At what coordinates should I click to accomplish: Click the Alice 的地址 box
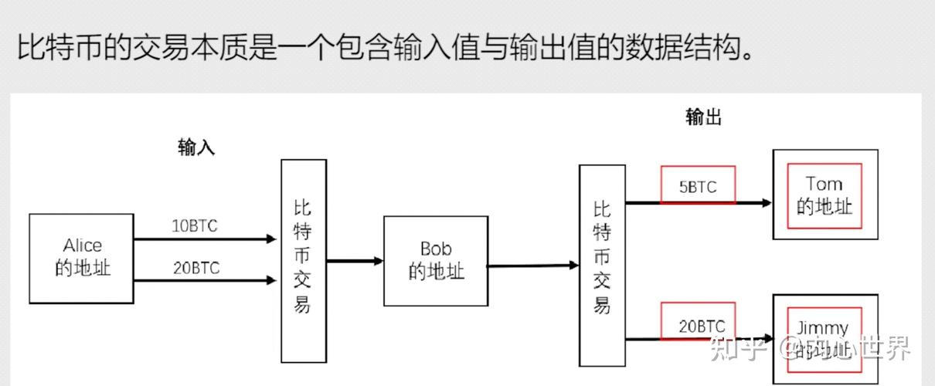(81, 258)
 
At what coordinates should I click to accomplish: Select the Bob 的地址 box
(436, 260)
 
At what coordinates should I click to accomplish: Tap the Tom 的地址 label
(824, 195)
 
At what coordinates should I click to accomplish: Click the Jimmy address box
(824, 337)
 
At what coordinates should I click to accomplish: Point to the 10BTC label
(195, 226)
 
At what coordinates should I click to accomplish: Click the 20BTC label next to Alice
(195, 268)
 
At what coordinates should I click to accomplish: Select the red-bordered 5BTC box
(698, 185)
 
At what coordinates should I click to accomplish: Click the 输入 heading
(196, 147)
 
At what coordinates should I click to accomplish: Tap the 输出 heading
(703, 117)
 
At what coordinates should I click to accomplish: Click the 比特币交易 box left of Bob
(303, 260)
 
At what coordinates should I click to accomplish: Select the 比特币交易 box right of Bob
(602, 264)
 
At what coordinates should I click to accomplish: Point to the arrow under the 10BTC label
(205, 239)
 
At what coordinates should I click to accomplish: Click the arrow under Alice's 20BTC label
(205, 281)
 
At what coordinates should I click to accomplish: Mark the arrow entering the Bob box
(355, 261)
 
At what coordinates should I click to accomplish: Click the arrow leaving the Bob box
(533, 266)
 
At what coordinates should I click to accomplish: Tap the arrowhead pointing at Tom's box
(766, 203)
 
